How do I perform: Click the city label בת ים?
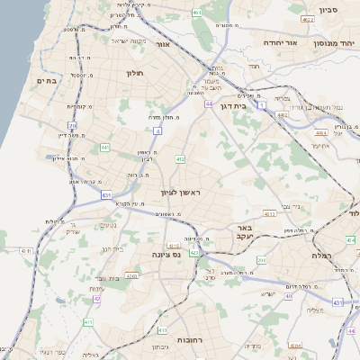46,81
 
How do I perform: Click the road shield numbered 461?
198,13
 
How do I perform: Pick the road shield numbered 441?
105,147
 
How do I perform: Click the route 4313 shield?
269,214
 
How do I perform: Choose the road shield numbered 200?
262,260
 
